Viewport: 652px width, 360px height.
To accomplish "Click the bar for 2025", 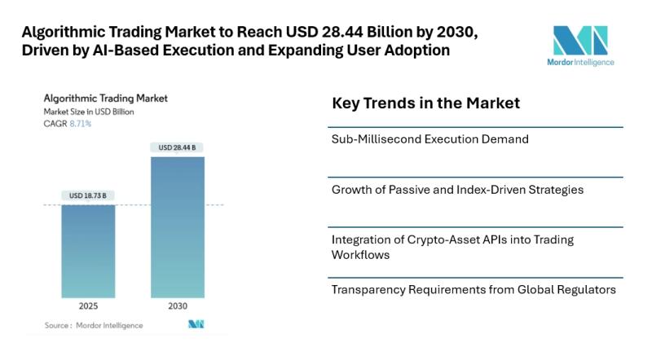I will coord(89,252).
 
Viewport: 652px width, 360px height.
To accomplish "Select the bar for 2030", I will coord(178,227).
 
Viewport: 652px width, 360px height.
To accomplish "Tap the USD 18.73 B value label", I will coord(88,195).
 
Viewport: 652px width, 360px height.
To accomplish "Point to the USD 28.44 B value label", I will coord(178,147).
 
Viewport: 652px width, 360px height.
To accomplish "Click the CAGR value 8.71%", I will coord(79,124).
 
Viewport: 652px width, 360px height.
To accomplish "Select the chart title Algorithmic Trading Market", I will coord(106,98).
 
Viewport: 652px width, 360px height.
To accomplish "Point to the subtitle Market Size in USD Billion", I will coord(89,112).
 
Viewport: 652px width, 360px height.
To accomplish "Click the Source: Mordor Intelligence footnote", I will coord(94,326).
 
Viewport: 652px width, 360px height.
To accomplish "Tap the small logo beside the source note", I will coord(196,325).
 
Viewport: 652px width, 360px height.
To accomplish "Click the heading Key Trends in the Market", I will coord(425,104).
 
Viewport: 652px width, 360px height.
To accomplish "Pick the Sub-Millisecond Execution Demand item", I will coord(430,139).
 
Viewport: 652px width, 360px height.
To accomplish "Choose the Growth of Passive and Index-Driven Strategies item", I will coord(457,190).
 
